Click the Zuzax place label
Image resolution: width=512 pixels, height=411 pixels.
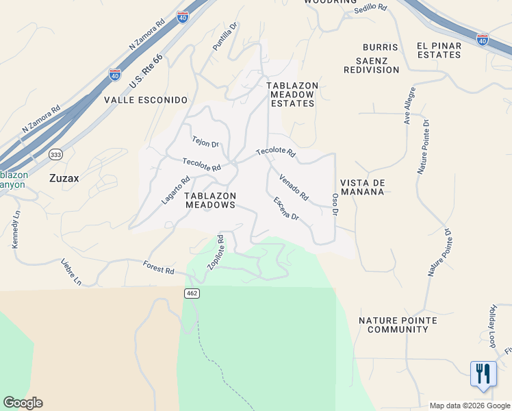[x=64, y=178]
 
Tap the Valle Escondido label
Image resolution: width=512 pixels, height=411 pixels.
[x=145, y=99]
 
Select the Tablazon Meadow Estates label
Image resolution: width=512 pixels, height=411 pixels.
[x=292, y=95]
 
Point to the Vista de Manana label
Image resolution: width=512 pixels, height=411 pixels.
[x=363, y=188]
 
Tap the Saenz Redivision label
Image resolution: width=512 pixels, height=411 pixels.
[x=372, y=65]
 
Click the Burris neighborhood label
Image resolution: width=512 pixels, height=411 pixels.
[x=381, y=47]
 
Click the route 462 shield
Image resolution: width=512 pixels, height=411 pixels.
[x=192, y=293]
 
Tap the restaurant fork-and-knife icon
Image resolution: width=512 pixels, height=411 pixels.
[x=484, y=374]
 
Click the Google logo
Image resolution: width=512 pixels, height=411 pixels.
[x=23, y=403]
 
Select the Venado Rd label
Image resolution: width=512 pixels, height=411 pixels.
[x=294, y=187]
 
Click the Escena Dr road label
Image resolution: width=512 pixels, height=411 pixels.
[x=286, y=208]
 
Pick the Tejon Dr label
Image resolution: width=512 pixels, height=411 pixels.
[x=205, y=141]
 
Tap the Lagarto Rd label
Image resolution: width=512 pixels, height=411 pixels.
[x=175, y=190]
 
